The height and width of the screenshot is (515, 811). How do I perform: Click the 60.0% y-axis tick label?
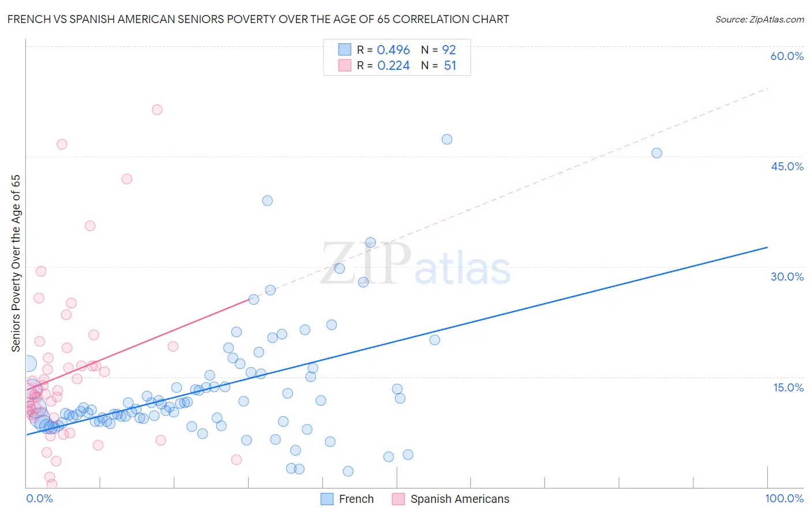pyautogui.click(x=787, y=56)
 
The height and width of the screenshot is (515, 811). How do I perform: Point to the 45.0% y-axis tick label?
pyautogui.click(x=787, y=166)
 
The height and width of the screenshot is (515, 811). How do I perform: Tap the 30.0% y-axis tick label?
pyautogui.click(x=787, y=277)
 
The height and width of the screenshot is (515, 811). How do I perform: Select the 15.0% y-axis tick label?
pyautogui.click(x=788, y=387)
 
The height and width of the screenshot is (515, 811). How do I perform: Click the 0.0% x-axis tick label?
pyautogui.click(x=39, y=498)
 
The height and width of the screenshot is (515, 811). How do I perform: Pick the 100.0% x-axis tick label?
pyautogui.click(x=784, y=498)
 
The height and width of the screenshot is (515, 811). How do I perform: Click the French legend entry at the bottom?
pyautogui.click(x=347, y=499)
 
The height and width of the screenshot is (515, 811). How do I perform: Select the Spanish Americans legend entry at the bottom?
pyautogui.click(x=451, y=499)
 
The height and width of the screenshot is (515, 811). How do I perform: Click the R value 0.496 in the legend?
pyautogui.click(x=393, y=50)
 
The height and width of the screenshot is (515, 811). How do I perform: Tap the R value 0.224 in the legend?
pyautogui.click(x=393, y=66)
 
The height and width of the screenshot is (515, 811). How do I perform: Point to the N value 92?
pyautogui.click(x=449, y=50)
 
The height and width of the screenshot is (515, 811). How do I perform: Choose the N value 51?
pyautogui.click(x=450, y=66)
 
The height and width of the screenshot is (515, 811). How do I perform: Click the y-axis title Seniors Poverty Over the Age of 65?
pyautogui.click(x=16, y=263)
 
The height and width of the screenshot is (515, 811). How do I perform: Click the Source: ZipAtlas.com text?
pyautogui.click(x=759, y=20)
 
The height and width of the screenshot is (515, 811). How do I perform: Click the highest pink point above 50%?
pyautogui.click(x=157, y=110)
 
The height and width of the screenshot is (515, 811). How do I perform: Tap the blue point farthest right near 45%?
pyautogui.click(x=656, y=153)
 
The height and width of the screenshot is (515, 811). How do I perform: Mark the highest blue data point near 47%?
pyautogui.click(x=447, y=139)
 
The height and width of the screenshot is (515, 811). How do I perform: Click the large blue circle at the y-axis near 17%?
pyautogui.click(x=28, y=364)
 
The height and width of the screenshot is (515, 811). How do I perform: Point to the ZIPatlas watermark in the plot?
pyautogui.click(x=415, y=264)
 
